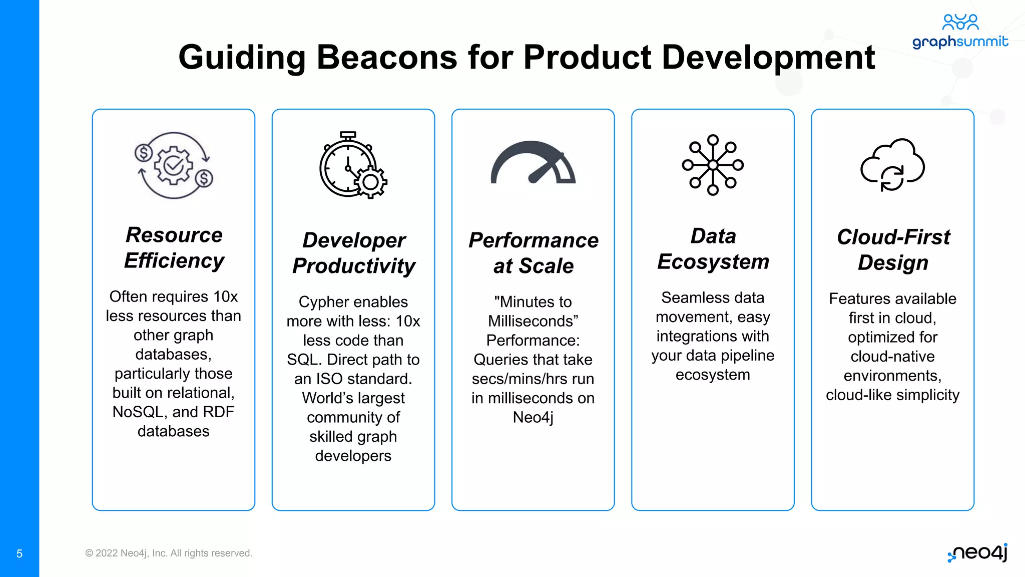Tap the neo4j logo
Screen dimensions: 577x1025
point(978,553)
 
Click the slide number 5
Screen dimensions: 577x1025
point(20,553)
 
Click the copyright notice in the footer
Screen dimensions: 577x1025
point(169,553)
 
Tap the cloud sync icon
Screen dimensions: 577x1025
point(892,165)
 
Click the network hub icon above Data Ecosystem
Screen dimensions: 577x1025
point(713,165)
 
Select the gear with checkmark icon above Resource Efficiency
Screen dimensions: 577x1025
point(174,165)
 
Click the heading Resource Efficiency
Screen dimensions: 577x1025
point(174,247)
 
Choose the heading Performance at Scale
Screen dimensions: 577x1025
point(533,253)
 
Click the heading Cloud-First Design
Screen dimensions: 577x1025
point(893,249)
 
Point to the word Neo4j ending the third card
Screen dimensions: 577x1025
point(533,417)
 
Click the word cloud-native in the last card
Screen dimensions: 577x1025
point(892,356)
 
